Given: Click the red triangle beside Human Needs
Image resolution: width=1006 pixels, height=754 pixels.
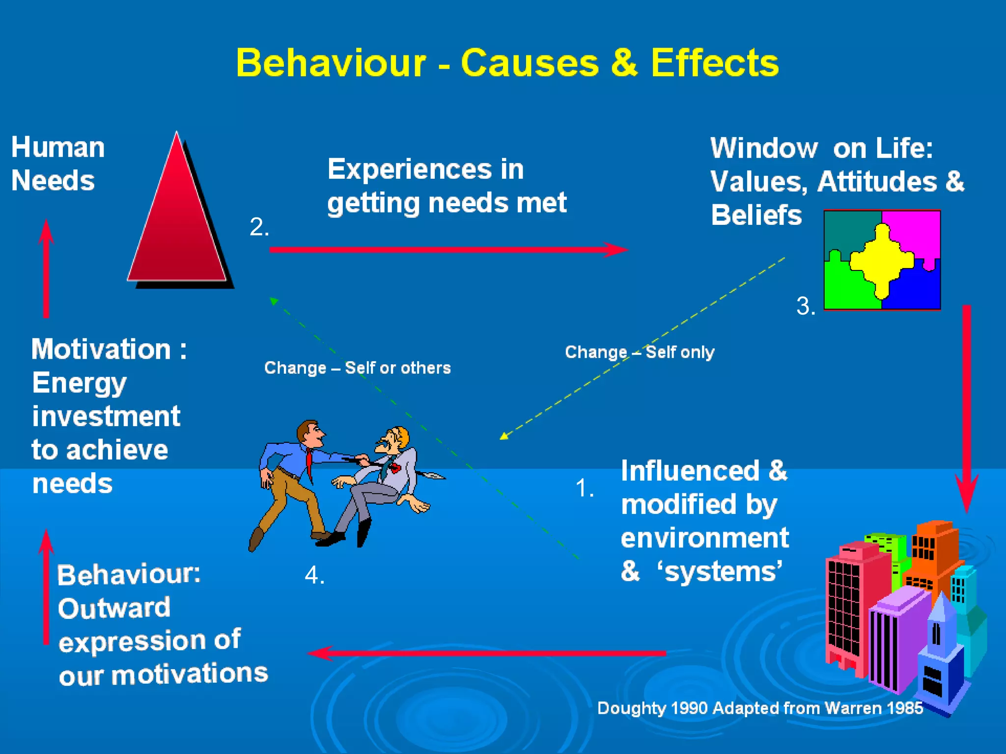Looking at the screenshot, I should coord(177,221).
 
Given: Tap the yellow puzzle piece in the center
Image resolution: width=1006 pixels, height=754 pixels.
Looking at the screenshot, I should coord(882,260).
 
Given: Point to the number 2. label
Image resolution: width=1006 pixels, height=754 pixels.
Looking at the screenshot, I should coord(259,227).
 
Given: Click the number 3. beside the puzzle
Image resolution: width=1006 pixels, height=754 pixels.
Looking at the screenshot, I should coord(806,306).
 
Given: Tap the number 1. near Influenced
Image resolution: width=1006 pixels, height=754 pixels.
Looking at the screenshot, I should coord(585,488).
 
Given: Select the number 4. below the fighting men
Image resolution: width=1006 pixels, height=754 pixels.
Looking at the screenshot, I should coord(314,575).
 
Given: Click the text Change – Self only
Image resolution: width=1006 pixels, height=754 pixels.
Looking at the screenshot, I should coord(640,352).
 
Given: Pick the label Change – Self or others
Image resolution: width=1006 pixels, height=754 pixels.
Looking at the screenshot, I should coord(357,368).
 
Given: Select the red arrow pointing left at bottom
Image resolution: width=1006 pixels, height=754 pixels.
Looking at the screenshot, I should coord(486,653).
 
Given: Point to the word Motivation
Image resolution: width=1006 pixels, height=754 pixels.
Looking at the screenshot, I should coord(101,350).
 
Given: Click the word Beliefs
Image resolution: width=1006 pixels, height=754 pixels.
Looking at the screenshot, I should coord(756,215).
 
